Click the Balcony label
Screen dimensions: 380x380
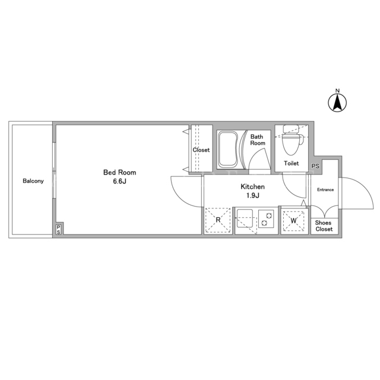pyautogui.click(x=33, y=181)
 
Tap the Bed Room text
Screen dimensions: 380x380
pyautogui.click(x=120, y=172)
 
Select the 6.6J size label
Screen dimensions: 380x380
pyautogui.click(x=120, y=181)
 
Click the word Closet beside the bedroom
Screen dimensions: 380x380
pyautogui.click(x=201, y=150)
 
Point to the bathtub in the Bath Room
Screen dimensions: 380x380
pyautogui.click(x=228, y=150)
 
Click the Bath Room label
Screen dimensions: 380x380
pyautogui.click(x=258, y=140)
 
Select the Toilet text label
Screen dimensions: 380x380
pyautogui.click(x=292, y=163)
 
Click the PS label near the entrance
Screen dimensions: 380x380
pyautogui.click(x=315, y=166)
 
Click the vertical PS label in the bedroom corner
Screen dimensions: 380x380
pyautogui.click(x=58, y=230)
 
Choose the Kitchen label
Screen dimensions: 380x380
pyautogui.click(x=252, y=186)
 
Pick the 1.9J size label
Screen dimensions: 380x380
pyautogui.click(x=253, y=195)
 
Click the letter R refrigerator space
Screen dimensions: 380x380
pyautogui.click(x=218, y=220)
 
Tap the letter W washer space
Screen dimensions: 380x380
pyautogui.click(x=293, y=221)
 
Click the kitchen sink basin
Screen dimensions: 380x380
pyautogui.click(x=245, y=218)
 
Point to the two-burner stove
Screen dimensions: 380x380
pyautogui.click(x=266, y=219)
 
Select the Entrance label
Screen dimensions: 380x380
pyautogui.click(x=325, y=190)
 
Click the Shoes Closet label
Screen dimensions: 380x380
pyautogui.click(x=324, y=226)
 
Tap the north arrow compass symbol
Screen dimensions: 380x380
pyautogui.click(x=337, y=103)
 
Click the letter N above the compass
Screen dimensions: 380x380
pyautogui.click(x=337, y=91)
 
